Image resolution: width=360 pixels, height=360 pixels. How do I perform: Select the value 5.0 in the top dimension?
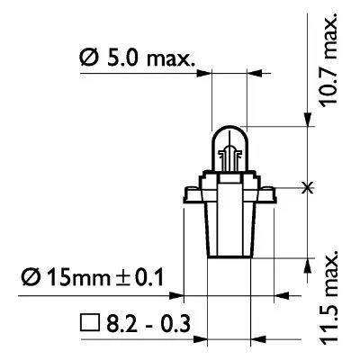[x=123, y=61]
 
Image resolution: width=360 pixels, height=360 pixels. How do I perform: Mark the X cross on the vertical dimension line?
[x=310, y=187]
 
